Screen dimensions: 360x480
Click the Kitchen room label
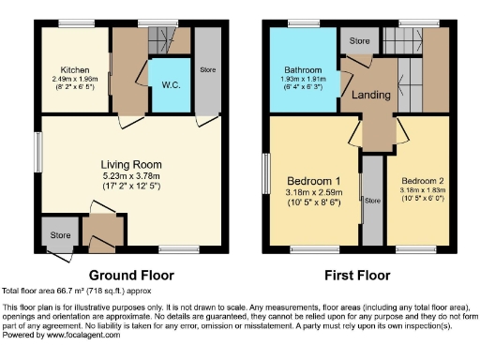tap(75, 69)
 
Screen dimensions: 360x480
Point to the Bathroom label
tap(304, 70)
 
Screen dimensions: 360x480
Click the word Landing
tap(370, 96)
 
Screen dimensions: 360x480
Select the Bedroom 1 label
tap(311, 180)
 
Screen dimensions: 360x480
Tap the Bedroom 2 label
tap(422, 180)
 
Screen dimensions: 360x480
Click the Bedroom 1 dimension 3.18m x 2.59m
tap(311, 191)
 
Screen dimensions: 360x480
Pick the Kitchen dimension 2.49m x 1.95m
tap(75, 80)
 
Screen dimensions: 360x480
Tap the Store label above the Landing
tap(359, 41)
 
